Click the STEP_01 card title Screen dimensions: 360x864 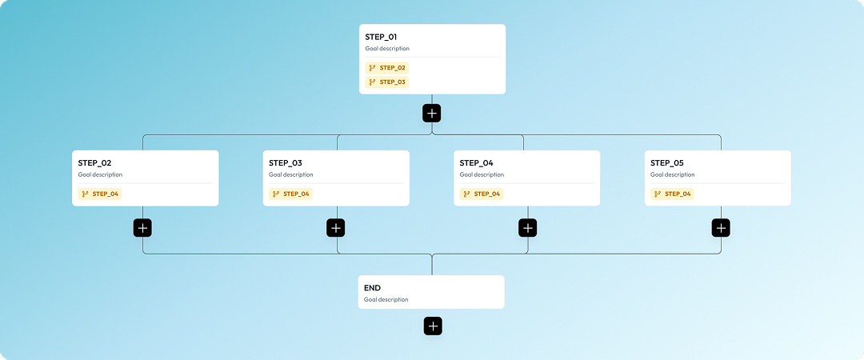coord(381,37)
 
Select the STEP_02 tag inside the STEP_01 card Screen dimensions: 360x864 coord(387,68)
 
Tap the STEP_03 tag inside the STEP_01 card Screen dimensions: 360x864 coord(387,82)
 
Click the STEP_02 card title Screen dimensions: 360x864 coord(94,163)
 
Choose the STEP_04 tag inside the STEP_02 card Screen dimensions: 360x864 coord(100,194)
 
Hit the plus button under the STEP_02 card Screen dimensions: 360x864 coord(143,228)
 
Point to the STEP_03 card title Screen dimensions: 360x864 coord(285,163)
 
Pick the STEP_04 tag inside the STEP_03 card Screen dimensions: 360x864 coord(290,194)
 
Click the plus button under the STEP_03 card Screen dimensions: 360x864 coord(336,228)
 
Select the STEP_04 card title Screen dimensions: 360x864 coord(476,163)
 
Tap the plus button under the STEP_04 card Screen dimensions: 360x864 coord(528,228)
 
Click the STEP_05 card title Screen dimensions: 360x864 coord(667,163)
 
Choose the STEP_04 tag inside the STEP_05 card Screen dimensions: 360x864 coord(673,194)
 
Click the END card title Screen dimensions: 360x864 coord(372,288)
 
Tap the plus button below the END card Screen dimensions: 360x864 coord(433,326)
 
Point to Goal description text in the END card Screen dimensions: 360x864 coord(386,300)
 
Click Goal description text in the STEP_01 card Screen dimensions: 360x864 coord(387,49)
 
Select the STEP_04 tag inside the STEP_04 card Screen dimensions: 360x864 coord(482,194)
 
